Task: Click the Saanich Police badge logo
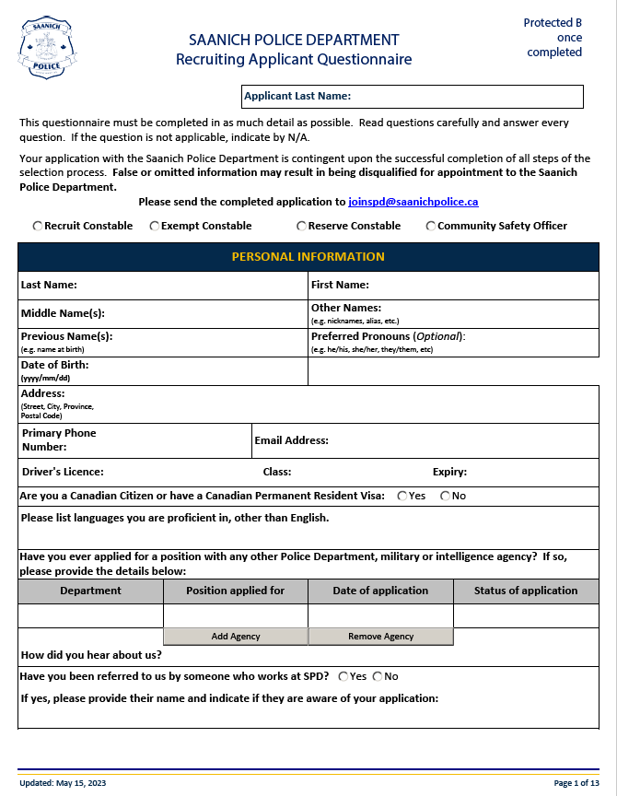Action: [46, 48]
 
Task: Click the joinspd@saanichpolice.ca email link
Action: [413, 202]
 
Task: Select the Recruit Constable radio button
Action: [38, 226]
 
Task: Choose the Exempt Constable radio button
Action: [155, 226]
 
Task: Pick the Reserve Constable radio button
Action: [301, 226]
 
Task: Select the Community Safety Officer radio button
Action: [431, 226]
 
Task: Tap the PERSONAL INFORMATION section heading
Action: [308, 256]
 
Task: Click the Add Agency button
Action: [236, 637]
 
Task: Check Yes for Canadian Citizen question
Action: [402, 496]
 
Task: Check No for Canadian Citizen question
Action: [446, 496]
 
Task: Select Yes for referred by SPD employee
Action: [343, 676]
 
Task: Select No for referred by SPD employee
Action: [378, 676]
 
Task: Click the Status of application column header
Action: [526, 591]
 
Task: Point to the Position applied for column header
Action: [235, 591]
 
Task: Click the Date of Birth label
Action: [54, 365]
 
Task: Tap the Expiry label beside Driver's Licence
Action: [449, 472]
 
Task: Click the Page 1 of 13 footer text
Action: [576, 783]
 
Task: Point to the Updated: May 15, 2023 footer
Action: [63, 783]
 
